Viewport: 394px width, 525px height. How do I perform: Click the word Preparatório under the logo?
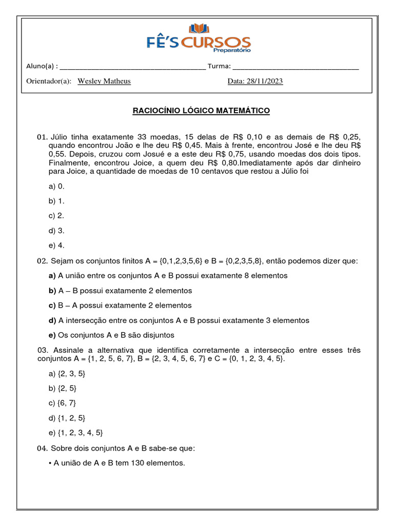[231, 50]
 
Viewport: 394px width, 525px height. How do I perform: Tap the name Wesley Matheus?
[104, 82]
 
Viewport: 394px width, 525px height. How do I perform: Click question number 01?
[42, 137]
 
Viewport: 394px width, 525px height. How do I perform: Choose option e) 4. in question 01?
[56, 246]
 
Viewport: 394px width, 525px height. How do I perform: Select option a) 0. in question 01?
[56, 186]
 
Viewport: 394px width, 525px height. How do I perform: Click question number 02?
[43, 261]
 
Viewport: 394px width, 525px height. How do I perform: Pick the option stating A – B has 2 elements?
[120, 291]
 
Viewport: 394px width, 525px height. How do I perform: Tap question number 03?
[43, 350]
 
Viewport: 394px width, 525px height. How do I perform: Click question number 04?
[43, 449]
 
